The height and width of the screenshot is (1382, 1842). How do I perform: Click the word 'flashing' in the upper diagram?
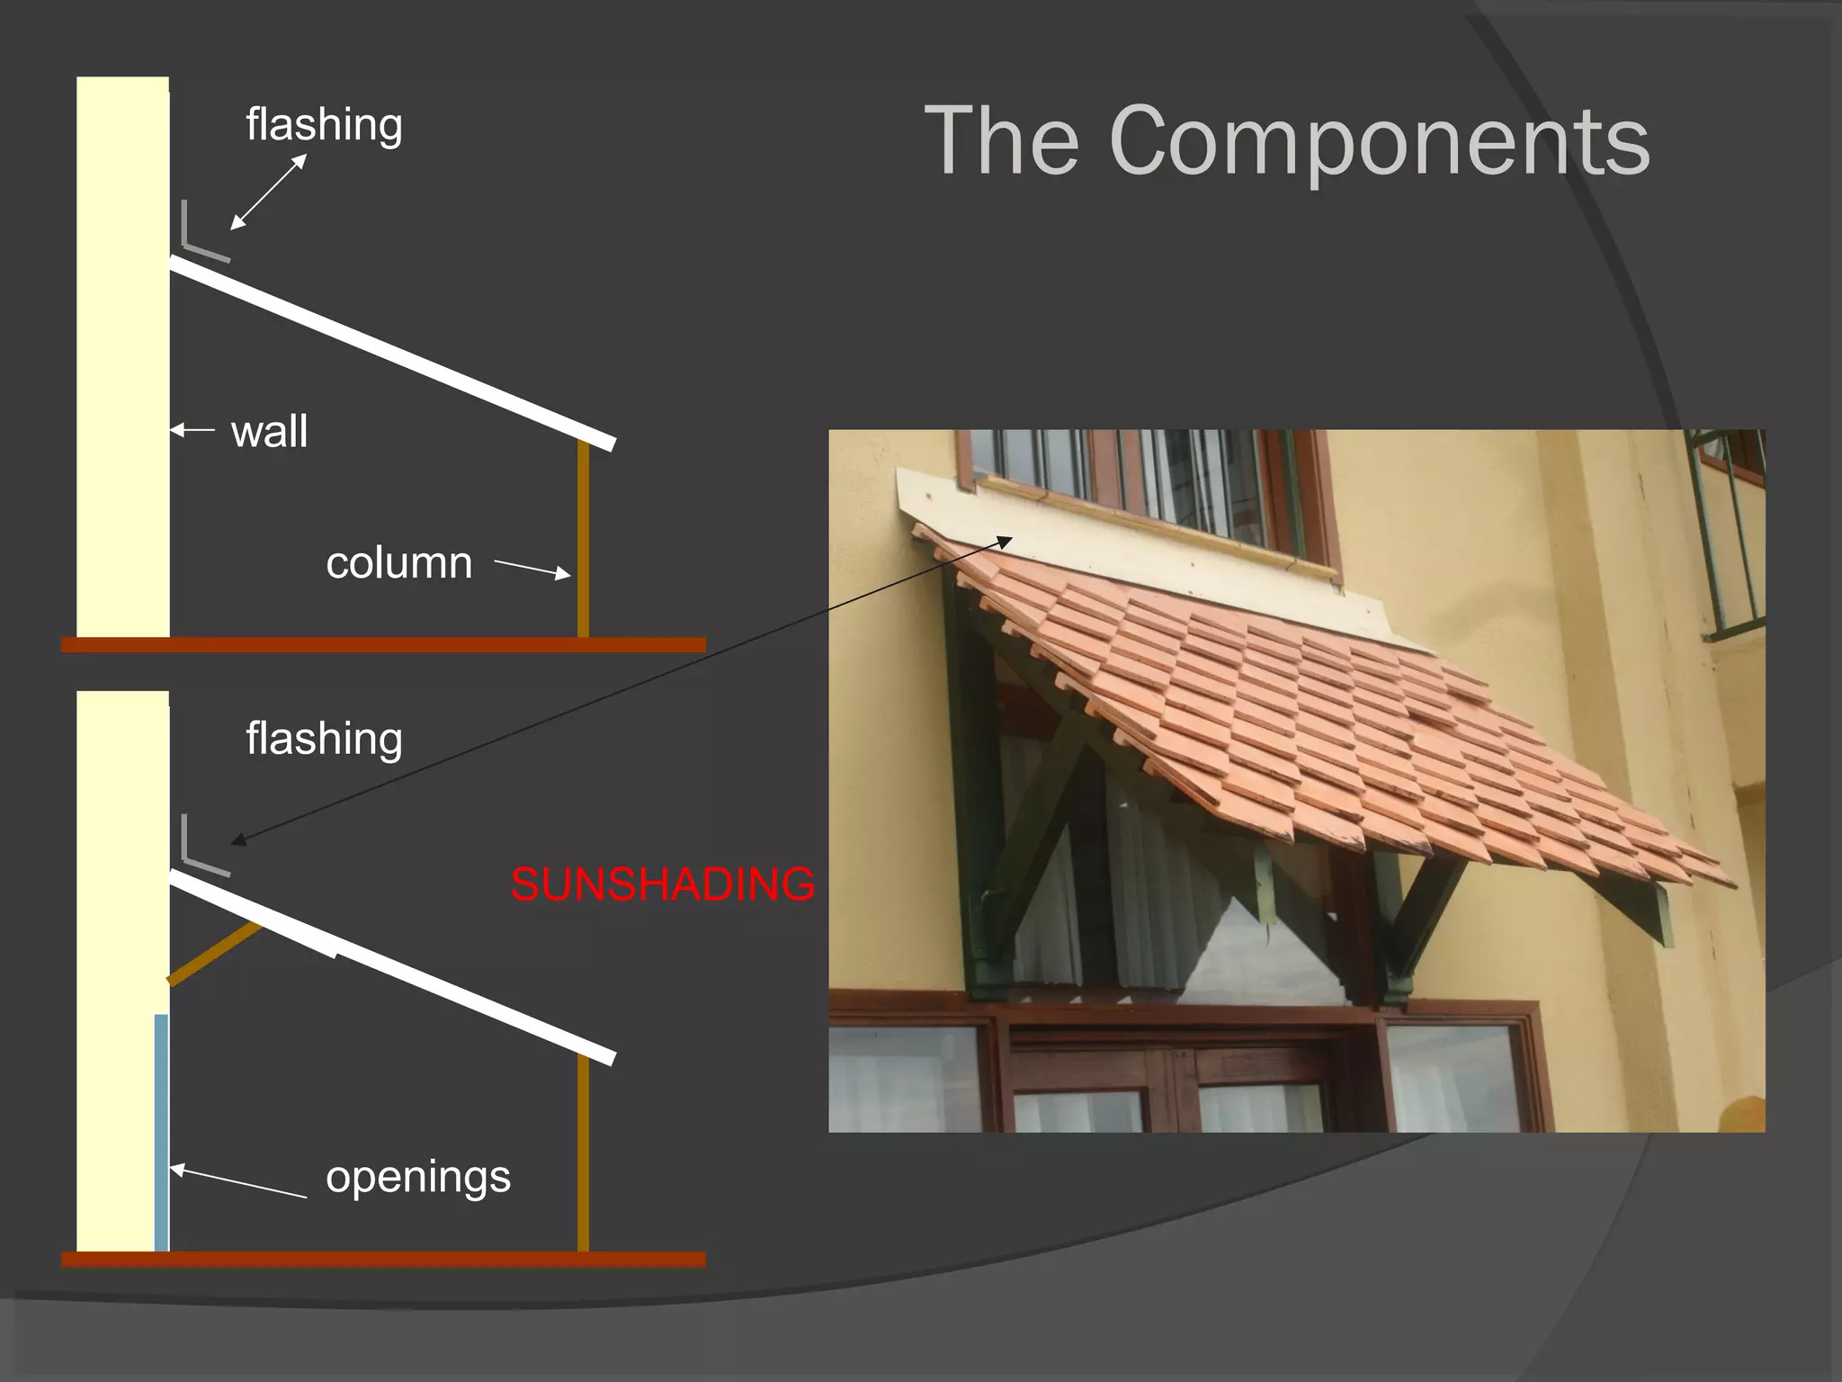(x=324, y=124)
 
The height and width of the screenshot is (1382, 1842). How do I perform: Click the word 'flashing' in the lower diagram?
(x=324, y=739)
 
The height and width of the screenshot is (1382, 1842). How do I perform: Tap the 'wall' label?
(x=269, y=431)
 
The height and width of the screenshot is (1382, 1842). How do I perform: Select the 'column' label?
(x=398, y=563)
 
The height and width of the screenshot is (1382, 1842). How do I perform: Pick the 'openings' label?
(x=418, y=1177)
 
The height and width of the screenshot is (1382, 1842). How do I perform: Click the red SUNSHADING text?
(x=663, y=884)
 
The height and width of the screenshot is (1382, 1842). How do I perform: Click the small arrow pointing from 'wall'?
(x=192, y=430)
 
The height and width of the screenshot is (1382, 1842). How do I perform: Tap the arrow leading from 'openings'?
(x=238, y=1182)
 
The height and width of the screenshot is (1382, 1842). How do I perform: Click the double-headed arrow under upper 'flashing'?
(x=269, y=192)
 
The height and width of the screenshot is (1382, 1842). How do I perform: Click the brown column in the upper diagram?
(x=583, y=540)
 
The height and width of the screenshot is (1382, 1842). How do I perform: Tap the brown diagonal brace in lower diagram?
(x=214, y=954)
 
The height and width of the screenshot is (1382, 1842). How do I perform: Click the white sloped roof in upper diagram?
(x=392, y=353)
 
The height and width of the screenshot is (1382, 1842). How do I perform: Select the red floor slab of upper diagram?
(x=383, y=645)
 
